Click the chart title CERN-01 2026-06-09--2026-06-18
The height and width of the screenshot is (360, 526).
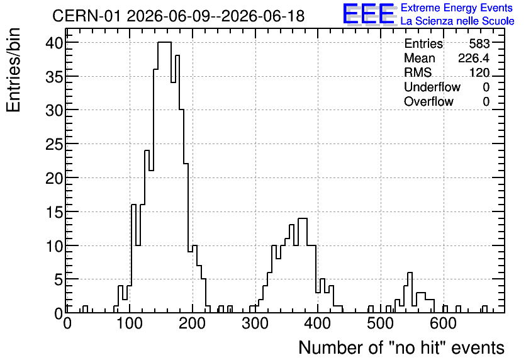179,16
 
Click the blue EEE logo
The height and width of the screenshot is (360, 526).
369,14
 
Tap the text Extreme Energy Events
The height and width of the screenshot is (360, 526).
457,8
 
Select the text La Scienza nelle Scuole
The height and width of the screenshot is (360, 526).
457,21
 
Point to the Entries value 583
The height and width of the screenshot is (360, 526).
479,43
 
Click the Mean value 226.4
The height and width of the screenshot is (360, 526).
474,58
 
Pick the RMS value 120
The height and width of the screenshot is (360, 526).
479,72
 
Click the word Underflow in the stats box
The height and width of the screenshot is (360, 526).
432,87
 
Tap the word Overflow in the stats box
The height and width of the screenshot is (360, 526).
428,101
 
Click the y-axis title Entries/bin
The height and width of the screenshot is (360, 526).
13,70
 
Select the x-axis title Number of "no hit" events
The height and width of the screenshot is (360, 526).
401,347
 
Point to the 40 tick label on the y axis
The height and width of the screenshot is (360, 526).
54,42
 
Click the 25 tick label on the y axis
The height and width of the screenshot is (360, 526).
54,144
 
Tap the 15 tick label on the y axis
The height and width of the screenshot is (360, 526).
54,211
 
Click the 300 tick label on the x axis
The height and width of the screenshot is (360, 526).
255,323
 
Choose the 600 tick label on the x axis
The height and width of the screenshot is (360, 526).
444,323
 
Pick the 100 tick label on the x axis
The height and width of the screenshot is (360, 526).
130,323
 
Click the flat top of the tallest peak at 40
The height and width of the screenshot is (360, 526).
164,42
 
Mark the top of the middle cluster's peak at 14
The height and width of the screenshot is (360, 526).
303,218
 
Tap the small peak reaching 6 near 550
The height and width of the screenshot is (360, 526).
410,273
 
